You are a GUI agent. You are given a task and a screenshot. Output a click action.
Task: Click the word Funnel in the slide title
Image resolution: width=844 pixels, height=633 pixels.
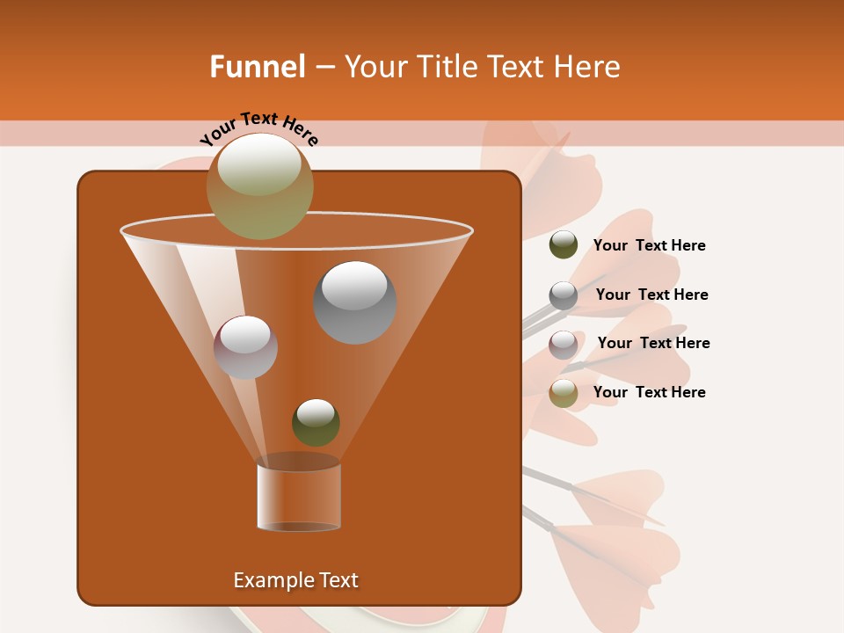pyautogui.click(x=257, y=67)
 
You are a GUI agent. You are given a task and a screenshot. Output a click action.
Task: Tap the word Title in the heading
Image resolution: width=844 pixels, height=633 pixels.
pyautogui.click(x=449, y=67)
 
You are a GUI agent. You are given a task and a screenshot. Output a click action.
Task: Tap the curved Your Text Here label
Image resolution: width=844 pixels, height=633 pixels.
pyautogui.click(x=258, y=127)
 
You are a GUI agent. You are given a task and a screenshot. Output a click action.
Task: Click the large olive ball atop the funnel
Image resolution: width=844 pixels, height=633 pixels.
pyautogui.click(x=259, y=186)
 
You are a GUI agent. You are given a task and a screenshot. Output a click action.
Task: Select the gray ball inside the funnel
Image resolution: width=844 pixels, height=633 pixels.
pyautogui.click(x=354, y=302)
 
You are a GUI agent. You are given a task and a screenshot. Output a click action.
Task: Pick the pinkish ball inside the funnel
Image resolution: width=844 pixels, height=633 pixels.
pyautogui.click(x=245, y=347)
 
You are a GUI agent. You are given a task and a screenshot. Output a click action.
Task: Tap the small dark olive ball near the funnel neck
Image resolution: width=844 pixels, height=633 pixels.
pyautogui.click(x=316, y=423)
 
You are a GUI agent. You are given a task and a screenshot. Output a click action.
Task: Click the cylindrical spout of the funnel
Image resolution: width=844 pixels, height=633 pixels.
pyautogui.click(x=299, y=496)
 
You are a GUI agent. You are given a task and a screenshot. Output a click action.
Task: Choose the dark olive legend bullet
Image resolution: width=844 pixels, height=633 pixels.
pyautogui.click(x=564, y=245)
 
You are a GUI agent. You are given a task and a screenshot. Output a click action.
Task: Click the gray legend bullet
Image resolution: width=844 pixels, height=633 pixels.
pyautogui.click(x=564, y=295)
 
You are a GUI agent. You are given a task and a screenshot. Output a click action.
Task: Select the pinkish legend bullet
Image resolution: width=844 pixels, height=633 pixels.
pyautogui.click(x=564, y=345)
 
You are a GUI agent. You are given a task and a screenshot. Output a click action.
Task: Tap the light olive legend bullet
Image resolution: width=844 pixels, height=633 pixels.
pyautogui.click(x=564, y=393)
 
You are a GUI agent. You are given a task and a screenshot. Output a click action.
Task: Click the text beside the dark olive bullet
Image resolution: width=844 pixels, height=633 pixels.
pyautogui.click(x=649, y=246)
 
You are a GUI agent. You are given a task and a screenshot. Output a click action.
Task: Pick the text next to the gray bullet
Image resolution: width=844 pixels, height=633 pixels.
pyautogui.click(x=651, y=295)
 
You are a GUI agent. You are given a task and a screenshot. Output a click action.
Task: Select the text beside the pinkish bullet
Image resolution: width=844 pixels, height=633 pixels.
pyautogui.click(x=653, y=344)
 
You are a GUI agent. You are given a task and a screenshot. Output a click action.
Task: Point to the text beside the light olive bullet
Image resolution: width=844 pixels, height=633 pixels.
pyautogui.click(x=649, y=393)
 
